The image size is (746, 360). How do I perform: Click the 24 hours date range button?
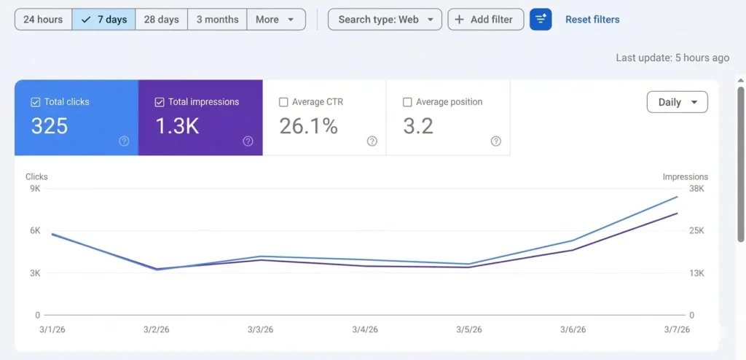[43, 20]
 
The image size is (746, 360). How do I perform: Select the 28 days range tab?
[161, 20]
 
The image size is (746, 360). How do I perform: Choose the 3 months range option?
[217, 20]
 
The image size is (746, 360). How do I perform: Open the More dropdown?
[275, 20]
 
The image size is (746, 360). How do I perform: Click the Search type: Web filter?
[385, 20]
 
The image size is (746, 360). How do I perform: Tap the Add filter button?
[485, 20]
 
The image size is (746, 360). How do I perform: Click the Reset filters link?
[592, 20]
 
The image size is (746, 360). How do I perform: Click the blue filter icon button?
[541, 20]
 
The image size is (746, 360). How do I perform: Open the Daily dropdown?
[677, 103]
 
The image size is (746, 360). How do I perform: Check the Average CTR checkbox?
[283, 103]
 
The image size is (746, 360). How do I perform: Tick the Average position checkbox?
[407, 103]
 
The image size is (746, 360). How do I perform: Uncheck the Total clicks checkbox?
[36, 103]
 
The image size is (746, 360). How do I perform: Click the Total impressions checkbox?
[160, 103]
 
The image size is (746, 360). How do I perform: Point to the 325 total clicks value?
[50, 127]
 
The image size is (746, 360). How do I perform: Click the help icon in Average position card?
[496, 141]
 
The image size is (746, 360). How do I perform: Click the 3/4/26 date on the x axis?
[364, 329]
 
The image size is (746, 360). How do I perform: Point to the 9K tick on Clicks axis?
[35, 189]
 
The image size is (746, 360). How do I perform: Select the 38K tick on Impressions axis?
[696, 189]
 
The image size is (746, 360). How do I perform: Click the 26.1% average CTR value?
[309, 127]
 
